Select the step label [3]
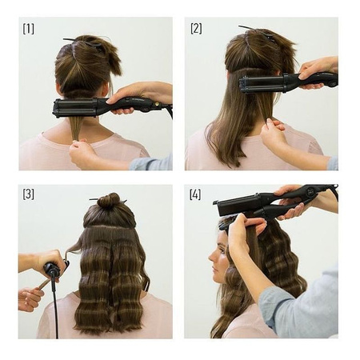(x=29, y=194)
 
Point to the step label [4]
(x=195, y=194)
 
